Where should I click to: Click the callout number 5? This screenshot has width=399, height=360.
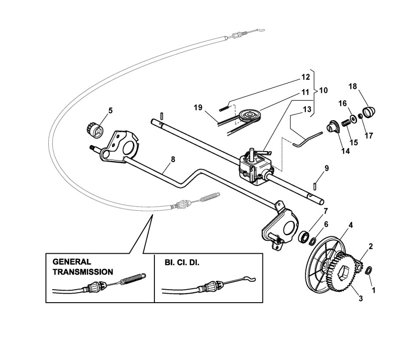[x=110, y=109]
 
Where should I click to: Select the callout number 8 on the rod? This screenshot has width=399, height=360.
[x=173, y=159]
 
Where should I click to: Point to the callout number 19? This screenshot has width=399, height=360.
[x=198, y=107]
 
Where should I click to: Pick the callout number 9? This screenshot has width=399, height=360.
[x=326, y=168]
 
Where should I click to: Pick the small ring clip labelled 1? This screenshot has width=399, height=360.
[x=368, y=271]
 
